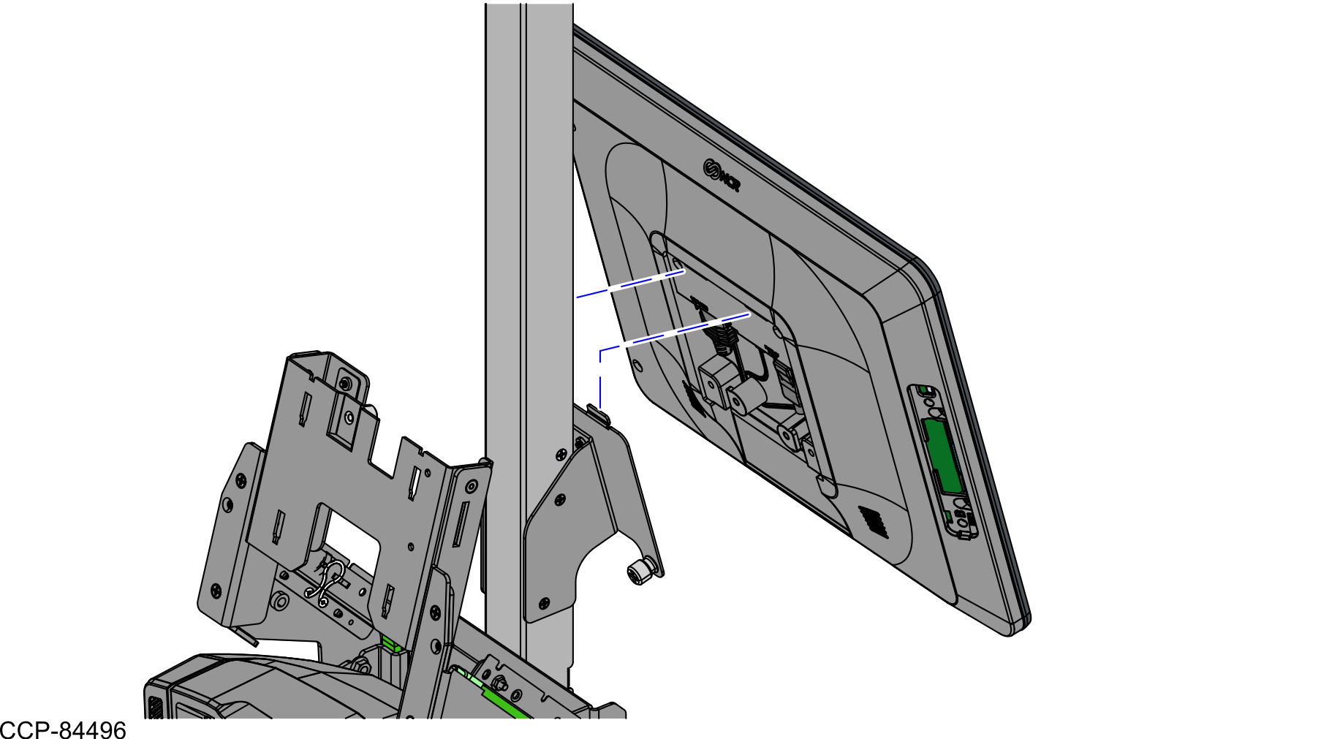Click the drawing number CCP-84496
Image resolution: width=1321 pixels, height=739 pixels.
(64, 729)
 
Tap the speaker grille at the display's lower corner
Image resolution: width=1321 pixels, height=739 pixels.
(874, 521)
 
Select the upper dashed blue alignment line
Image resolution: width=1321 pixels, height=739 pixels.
(630, 284)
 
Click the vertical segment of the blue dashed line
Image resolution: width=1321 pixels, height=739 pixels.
(600, 379)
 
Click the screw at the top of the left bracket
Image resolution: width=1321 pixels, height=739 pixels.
(345, 384)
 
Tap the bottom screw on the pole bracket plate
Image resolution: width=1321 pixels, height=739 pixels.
(544, 604)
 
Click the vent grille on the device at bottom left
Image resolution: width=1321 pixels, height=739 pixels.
(155, 708)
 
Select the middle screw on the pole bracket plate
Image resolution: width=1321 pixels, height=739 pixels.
(560, 500)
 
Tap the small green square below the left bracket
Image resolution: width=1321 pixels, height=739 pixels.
(390, 644)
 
